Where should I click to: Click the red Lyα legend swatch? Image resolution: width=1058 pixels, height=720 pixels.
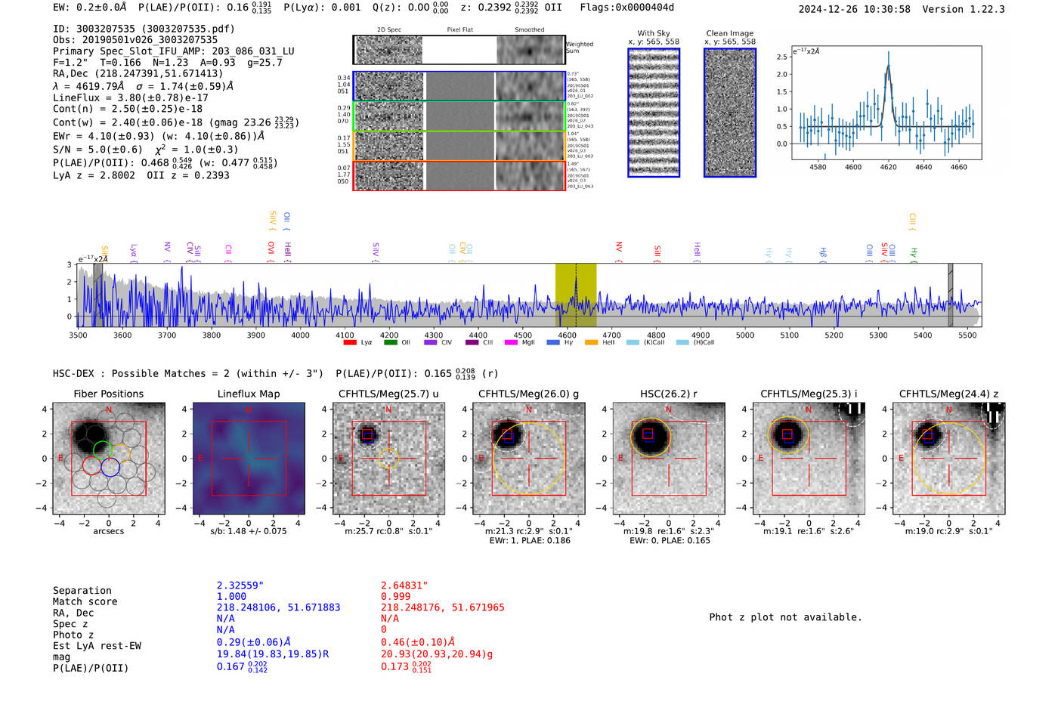point(350,342)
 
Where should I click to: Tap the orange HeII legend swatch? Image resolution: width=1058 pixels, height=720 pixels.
point(591,342)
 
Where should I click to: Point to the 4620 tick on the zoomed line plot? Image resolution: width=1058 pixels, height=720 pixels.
point(888,167)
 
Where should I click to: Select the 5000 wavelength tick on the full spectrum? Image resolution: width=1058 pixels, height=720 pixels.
point(745,335)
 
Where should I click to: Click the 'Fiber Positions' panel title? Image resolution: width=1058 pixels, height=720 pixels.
point(108,394)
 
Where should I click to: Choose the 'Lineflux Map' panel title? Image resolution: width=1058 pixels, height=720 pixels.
point(249,394)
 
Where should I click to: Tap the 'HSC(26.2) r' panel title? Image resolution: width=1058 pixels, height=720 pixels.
point(668,394)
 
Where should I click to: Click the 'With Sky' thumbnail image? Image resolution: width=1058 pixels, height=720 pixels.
point(654,113)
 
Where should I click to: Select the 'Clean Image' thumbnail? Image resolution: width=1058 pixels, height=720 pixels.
point(730,113)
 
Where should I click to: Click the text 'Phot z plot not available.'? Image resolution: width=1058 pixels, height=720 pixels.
point(785,617)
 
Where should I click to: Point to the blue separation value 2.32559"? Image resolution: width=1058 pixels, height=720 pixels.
point(240,586)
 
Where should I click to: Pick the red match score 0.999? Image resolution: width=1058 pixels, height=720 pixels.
point(396,596)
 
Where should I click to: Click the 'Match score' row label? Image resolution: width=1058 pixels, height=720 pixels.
point(85,601)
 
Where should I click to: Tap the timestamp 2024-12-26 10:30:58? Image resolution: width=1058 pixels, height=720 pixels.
point(854,9)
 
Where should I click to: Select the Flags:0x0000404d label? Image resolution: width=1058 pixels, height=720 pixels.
point(626,8)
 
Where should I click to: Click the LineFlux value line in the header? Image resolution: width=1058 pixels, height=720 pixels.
point(130,97)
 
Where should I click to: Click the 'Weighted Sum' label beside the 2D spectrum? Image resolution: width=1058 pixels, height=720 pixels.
point(580,48)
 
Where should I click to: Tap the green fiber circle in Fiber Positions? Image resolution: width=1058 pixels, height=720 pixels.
point(103,451)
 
